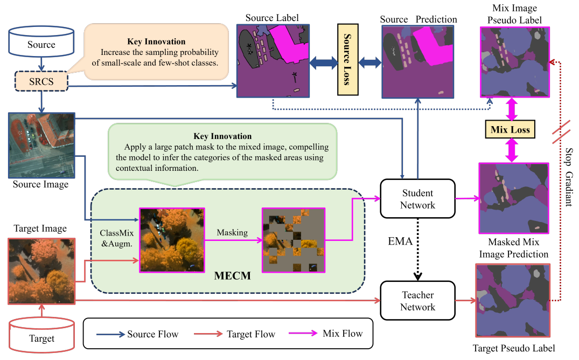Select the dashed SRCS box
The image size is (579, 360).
pos(41,82)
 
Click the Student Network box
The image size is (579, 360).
pos(417,199)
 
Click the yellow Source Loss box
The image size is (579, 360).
pos(347,59)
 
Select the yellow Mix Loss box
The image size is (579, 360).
pos(510,129)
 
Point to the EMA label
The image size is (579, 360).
pos(400,241)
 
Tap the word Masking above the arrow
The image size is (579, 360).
pos(233,232)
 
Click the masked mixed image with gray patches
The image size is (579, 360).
pos(294,240)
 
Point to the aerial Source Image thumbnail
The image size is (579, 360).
pos(41,146)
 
